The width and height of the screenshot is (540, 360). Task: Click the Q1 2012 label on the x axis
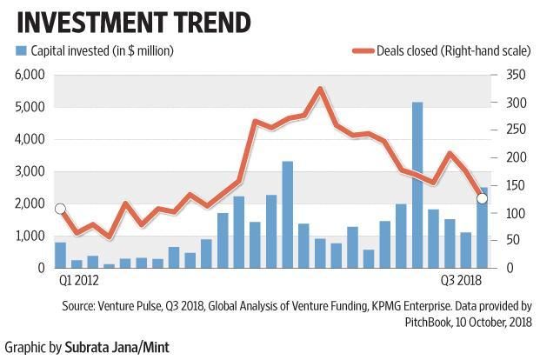79,280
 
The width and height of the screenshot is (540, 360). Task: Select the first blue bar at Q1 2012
60,255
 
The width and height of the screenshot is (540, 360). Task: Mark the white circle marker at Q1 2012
60,209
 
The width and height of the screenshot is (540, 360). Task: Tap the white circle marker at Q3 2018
483,199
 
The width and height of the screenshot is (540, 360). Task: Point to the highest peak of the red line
320,89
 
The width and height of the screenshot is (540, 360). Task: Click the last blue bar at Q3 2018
483,228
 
